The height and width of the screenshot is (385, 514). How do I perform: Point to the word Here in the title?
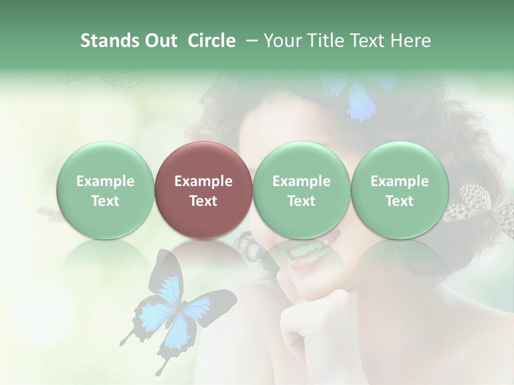coord(411,41)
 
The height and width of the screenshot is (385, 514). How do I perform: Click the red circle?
coord(203,190)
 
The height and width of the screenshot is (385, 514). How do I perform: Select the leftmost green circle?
coord(105,190)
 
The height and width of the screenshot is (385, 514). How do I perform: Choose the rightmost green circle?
coord(399,190)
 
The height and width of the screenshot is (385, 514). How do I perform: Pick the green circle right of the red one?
coord(301,190)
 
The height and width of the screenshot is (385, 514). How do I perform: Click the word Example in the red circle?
coord(203,181)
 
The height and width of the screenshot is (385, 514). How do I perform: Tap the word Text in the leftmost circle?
coord(105,201)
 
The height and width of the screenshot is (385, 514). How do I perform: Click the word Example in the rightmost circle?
coord(399,181)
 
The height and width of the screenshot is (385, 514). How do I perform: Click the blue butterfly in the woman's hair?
coord(356,96)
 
